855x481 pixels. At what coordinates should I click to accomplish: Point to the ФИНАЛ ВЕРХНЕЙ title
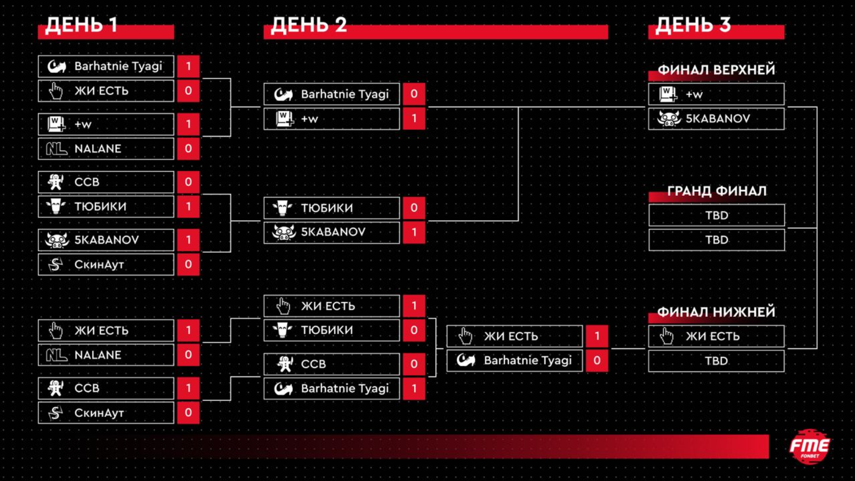coord(716,70)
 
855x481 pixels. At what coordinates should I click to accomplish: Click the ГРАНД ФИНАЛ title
coord(716,191)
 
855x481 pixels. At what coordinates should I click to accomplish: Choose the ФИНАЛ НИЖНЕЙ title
coord(716,312)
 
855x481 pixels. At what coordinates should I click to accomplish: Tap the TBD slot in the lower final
coord(716,361)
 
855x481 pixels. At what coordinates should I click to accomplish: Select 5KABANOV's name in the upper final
coord(718,118)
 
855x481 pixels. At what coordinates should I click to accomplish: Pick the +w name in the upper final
coord(694,95)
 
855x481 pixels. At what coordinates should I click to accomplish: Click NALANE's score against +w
coord(188,149)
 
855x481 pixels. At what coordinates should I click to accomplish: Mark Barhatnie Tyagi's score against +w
coord(414,94)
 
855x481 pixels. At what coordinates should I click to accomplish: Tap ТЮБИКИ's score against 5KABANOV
coord(414,208)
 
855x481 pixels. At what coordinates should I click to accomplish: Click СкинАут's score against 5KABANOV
coord(188,264)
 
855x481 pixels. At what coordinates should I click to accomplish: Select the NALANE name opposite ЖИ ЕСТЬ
coord(98,355)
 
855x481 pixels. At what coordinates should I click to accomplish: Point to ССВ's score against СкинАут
coord(188,388)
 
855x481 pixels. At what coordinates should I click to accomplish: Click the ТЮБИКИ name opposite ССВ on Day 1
coord(100,207)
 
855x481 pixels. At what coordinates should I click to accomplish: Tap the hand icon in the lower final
coord(666,336)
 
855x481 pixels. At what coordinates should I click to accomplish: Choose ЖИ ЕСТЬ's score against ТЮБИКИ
coord(414,306)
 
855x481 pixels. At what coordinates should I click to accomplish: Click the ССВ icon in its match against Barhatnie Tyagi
coord(284,364)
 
